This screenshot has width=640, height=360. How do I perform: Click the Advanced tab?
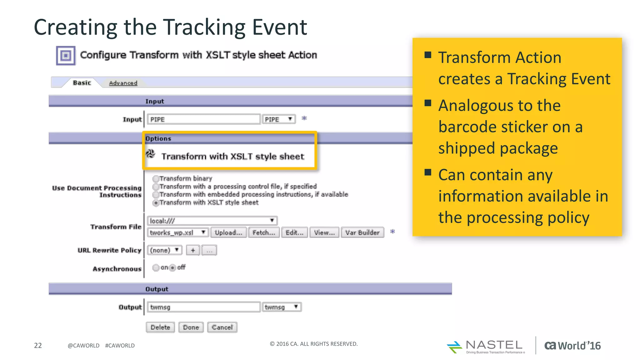[x=123, y=83]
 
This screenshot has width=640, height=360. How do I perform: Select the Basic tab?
[x=82, y=83]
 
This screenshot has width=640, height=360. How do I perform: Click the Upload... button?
[x=228, y=232]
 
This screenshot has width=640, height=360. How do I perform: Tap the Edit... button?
[x=294, y=232]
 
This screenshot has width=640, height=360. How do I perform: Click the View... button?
[x=324, y=232]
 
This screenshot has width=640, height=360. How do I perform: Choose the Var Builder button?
[x=362, y=232]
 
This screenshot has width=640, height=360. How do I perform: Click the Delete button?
[x=160, y=327]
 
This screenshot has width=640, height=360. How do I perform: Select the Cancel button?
[x=222, y=327]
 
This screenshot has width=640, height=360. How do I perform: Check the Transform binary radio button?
[x=156, y=179]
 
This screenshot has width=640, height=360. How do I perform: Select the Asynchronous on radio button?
[x=156, y=267]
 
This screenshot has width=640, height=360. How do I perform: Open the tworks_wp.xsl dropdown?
[x=177, y=232]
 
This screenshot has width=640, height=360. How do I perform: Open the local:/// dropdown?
[x=212, y=221]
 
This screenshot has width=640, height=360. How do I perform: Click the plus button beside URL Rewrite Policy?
[x=193, y=250]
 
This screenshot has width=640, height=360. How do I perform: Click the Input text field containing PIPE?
[x=203, y=119]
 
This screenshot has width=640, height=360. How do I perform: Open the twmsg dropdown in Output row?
[x=282, y=307]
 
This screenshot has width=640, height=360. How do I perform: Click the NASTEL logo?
[x=486, y=346]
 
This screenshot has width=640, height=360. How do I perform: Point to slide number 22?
[x=38, y=345]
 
